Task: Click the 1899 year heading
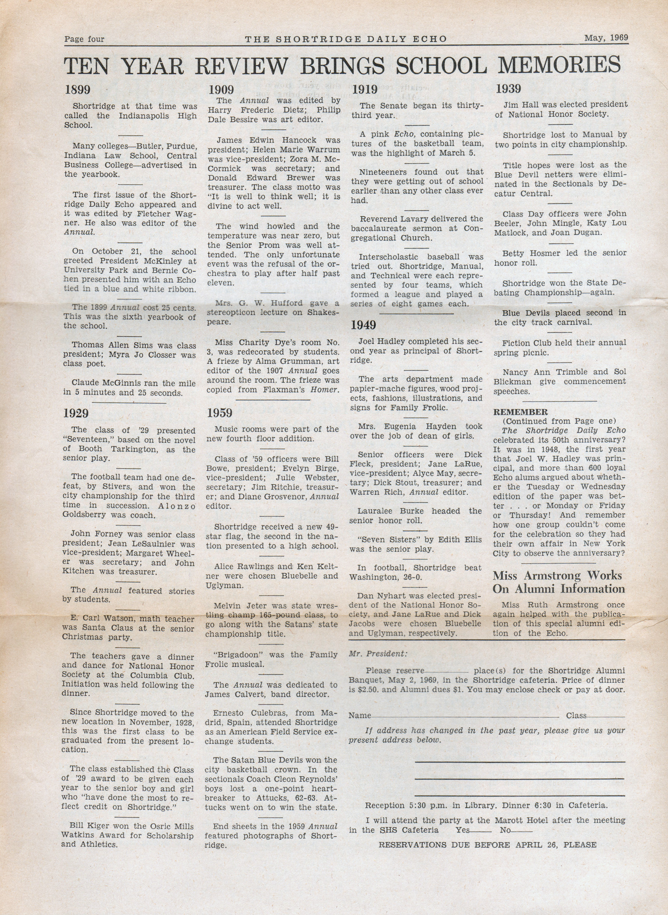[78, 90]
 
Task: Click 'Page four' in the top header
[84, 39]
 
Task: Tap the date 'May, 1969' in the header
[606, 38]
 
